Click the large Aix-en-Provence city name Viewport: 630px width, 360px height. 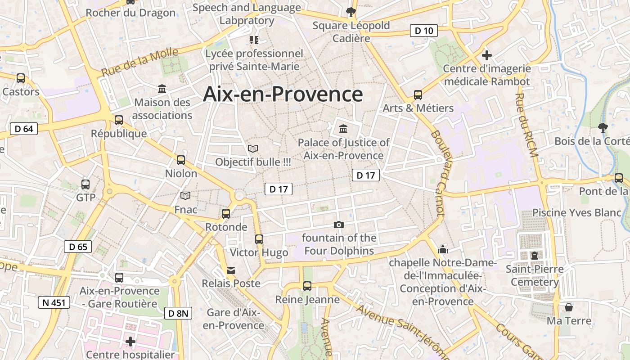tap(283, 94)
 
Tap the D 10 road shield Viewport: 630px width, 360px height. tap(423, 31)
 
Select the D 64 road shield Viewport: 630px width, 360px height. tap(23, 129)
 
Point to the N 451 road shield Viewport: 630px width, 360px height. tap(54, 302)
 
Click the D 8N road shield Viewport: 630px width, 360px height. tap(178, 313)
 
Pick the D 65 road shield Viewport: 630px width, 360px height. tap(78, 247)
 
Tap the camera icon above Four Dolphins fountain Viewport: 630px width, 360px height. tap(338, 225)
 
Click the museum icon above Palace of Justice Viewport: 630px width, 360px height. tap(343, 129)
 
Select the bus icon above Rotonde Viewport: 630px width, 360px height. tap(226, 214)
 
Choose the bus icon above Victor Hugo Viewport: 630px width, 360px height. tap(259, 239)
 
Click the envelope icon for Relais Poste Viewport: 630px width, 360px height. tap(231, 270)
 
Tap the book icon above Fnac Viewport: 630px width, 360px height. tap(185, 196)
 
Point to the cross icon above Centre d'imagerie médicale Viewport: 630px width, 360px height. tap(486, 55)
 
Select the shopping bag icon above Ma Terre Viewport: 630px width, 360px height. tap(569, 307)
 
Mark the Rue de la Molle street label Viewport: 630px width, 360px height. tap(139, 63)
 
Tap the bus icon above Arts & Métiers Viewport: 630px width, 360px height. tap(418, 95)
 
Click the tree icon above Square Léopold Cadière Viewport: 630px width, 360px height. tap(351, 12)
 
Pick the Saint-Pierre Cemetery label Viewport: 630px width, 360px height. tap(535, 275)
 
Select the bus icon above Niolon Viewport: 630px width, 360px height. tap(181, 160)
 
